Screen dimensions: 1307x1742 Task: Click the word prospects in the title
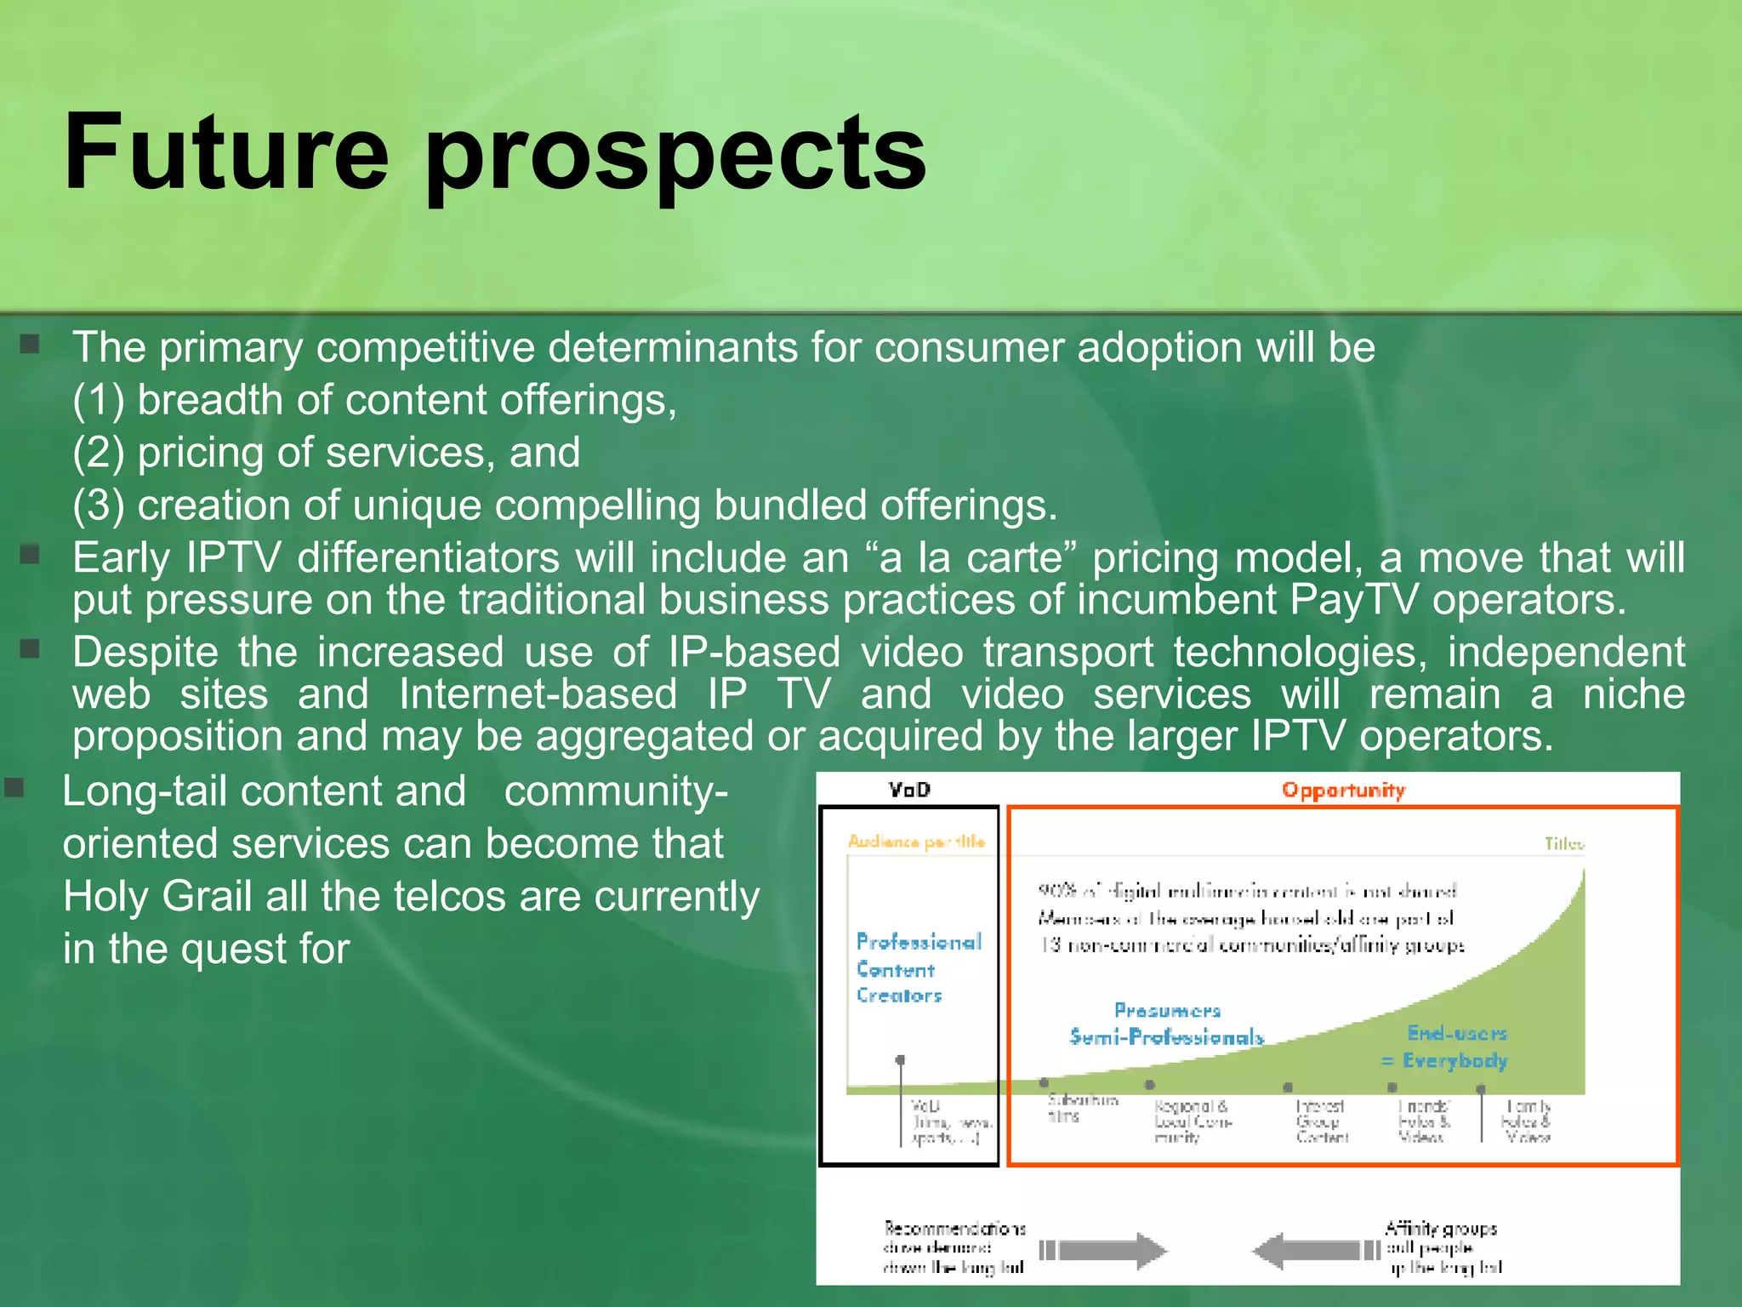(x=676, y=157)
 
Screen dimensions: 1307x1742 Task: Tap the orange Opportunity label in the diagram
(x=1343, y=790)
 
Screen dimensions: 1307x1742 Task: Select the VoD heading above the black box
(x=909, y=790)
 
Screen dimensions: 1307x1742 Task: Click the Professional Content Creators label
(x=918, y=968)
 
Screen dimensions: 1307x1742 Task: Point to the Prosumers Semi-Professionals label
(x=1167, y=1024)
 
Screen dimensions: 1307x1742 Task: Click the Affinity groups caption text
(x=1442, y=1248)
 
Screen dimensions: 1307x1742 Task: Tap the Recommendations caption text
(x=954, y=1248)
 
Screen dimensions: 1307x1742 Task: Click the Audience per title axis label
(x=916, y=842)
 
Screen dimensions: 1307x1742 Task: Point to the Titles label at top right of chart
(x=1564, y=844)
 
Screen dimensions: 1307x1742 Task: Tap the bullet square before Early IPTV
(x=30, y=556)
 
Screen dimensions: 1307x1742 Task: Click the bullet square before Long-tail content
(x=14, y=787)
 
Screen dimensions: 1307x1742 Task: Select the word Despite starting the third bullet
(x=145, y=653)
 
